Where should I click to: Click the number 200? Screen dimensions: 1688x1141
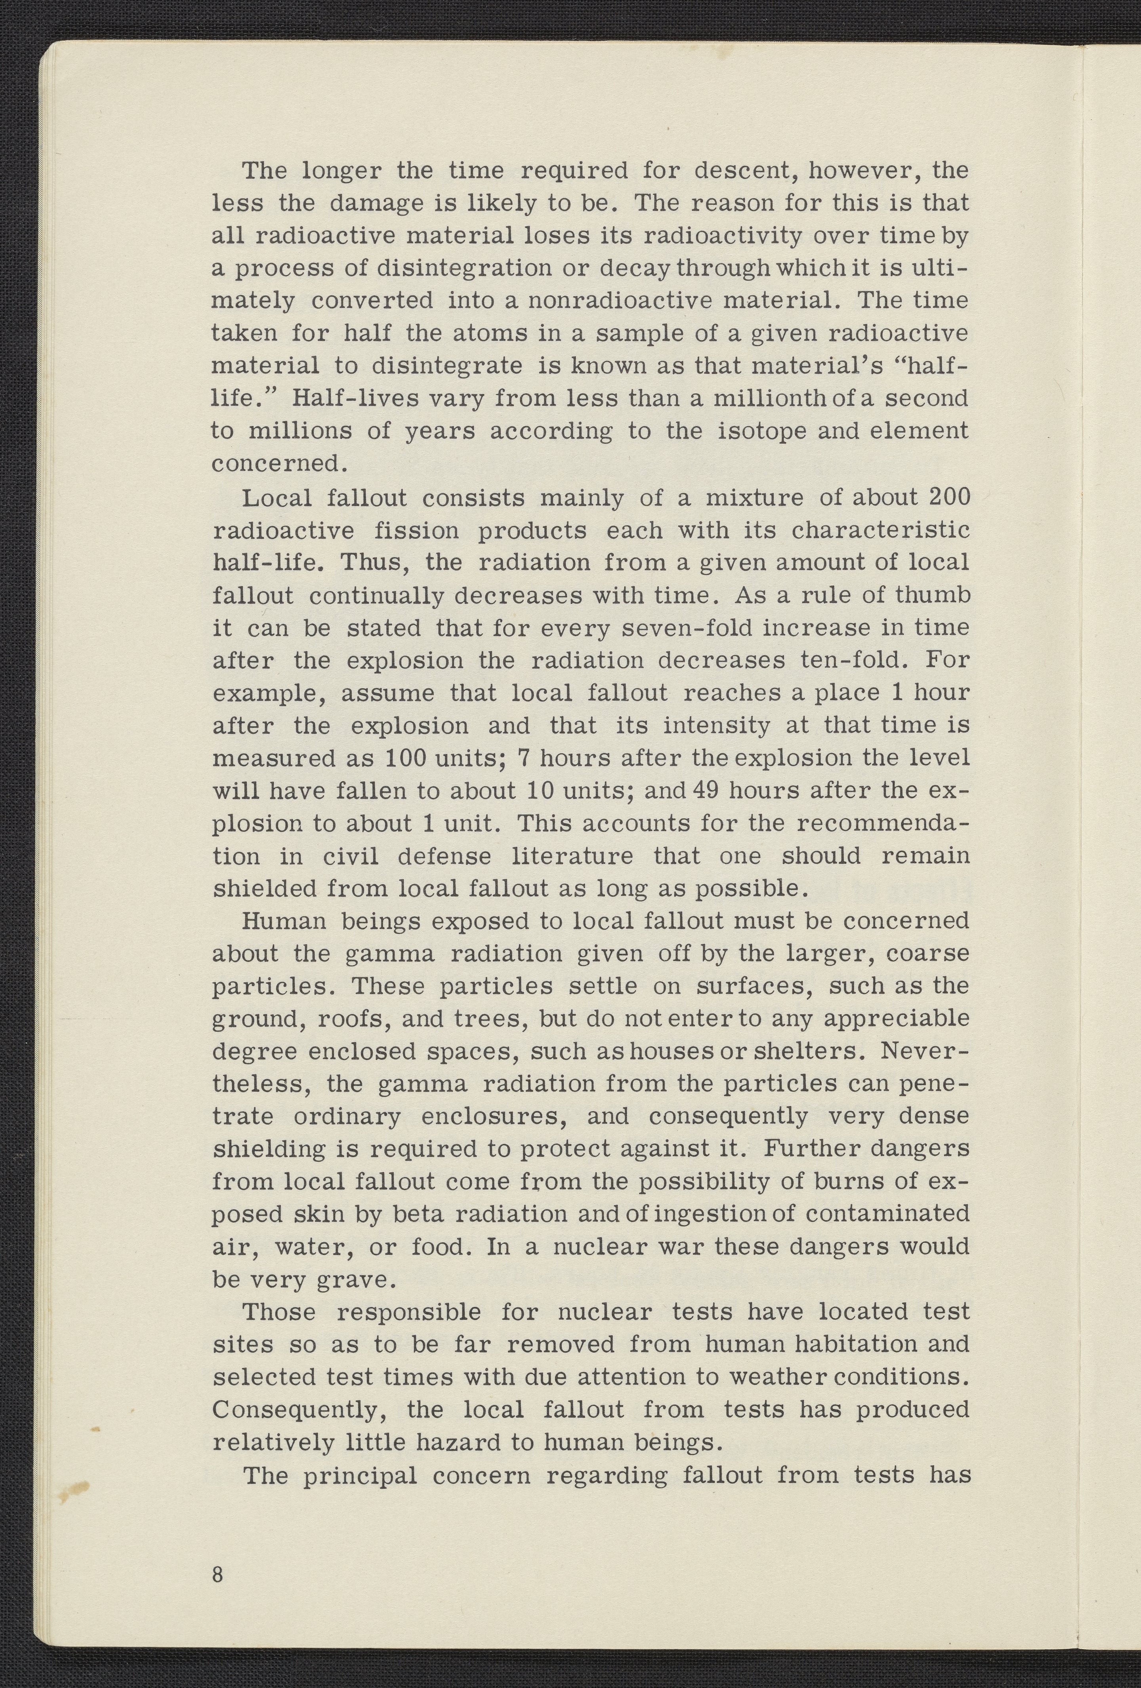click(x=949, y=498)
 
